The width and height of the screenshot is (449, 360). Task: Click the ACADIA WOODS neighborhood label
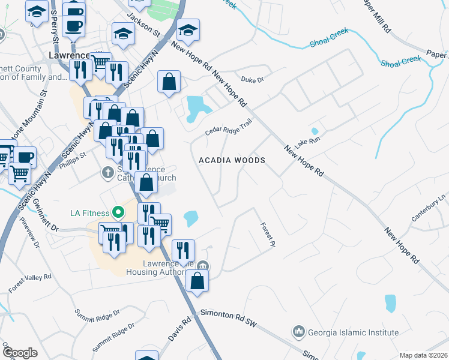pyautogui.click(x=232, y=160)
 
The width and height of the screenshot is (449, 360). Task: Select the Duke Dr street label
pyautogui.click(x=252, y=79)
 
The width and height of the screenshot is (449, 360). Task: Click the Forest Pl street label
pyautogui.click(x=267, y=235)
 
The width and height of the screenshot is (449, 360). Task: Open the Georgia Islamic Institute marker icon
pyautogui.click(x=298, y=332)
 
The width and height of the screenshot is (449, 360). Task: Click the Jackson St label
pyautogui.click(x=143, y=25)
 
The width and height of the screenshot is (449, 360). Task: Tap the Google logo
pyautogui.click(x=19, y=352)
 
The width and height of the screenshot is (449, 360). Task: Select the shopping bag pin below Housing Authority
pyautogui.click(x=197, y=281)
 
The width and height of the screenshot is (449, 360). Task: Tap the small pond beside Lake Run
pyautogui.click(x=314, y=131)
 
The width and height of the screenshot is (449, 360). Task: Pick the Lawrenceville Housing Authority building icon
pyautogui.click(x=203, y=266)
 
